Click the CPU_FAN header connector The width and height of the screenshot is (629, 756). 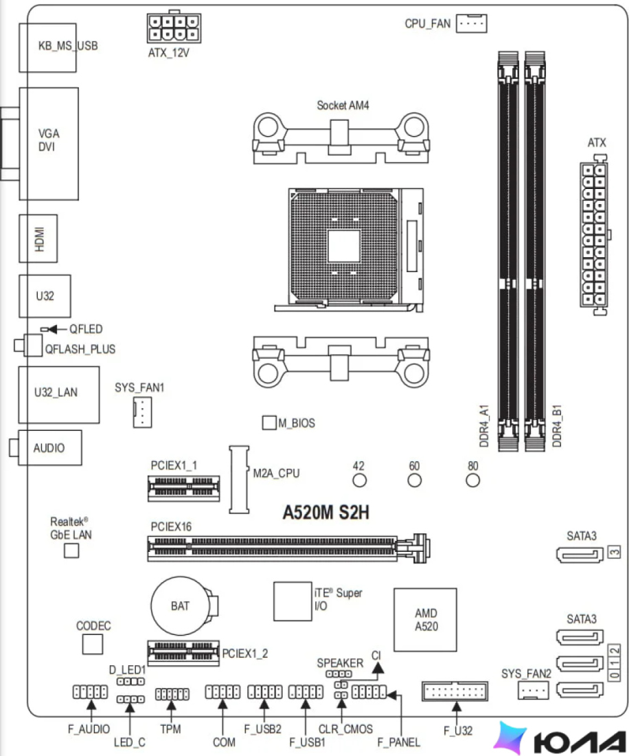click(471, 23)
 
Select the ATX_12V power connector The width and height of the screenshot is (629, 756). click(174, 28)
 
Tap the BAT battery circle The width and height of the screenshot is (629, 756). click(180, 606)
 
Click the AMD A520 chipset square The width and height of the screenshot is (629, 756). click(425, 619)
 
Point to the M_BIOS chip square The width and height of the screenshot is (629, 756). click(269, 423)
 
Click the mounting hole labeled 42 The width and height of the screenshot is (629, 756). click(359, 480)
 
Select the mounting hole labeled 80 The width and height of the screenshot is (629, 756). click(473, 480)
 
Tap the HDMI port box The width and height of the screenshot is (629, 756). click(38, 238)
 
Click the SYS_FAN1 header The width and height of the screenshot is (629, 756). click(142, 412)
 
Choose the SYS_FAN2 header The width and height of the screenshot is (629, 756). click(533, 691)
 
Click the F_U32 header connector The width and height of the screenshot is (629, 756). click(455, 691)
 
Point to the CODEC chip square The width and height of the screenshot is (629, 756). click(93, 644)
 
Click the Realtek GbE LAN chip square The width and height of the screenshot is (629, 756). click(71, 551)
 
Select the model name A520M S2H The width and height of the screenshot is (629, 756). click(326, 512)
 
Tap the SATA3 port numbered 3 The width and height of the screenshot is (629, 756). click(580, 555)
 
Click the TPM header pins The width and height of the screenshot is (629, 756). click(172, 694)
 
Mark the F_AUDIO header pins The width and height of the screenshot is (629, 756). click(90, 692)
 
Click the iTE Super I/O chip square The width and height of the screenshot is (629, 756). click(293, 601)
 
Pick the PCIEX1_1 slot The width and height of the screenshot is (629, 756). click(183, 489)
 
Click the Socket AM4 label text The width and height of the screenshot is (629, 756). click(343, 105)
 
